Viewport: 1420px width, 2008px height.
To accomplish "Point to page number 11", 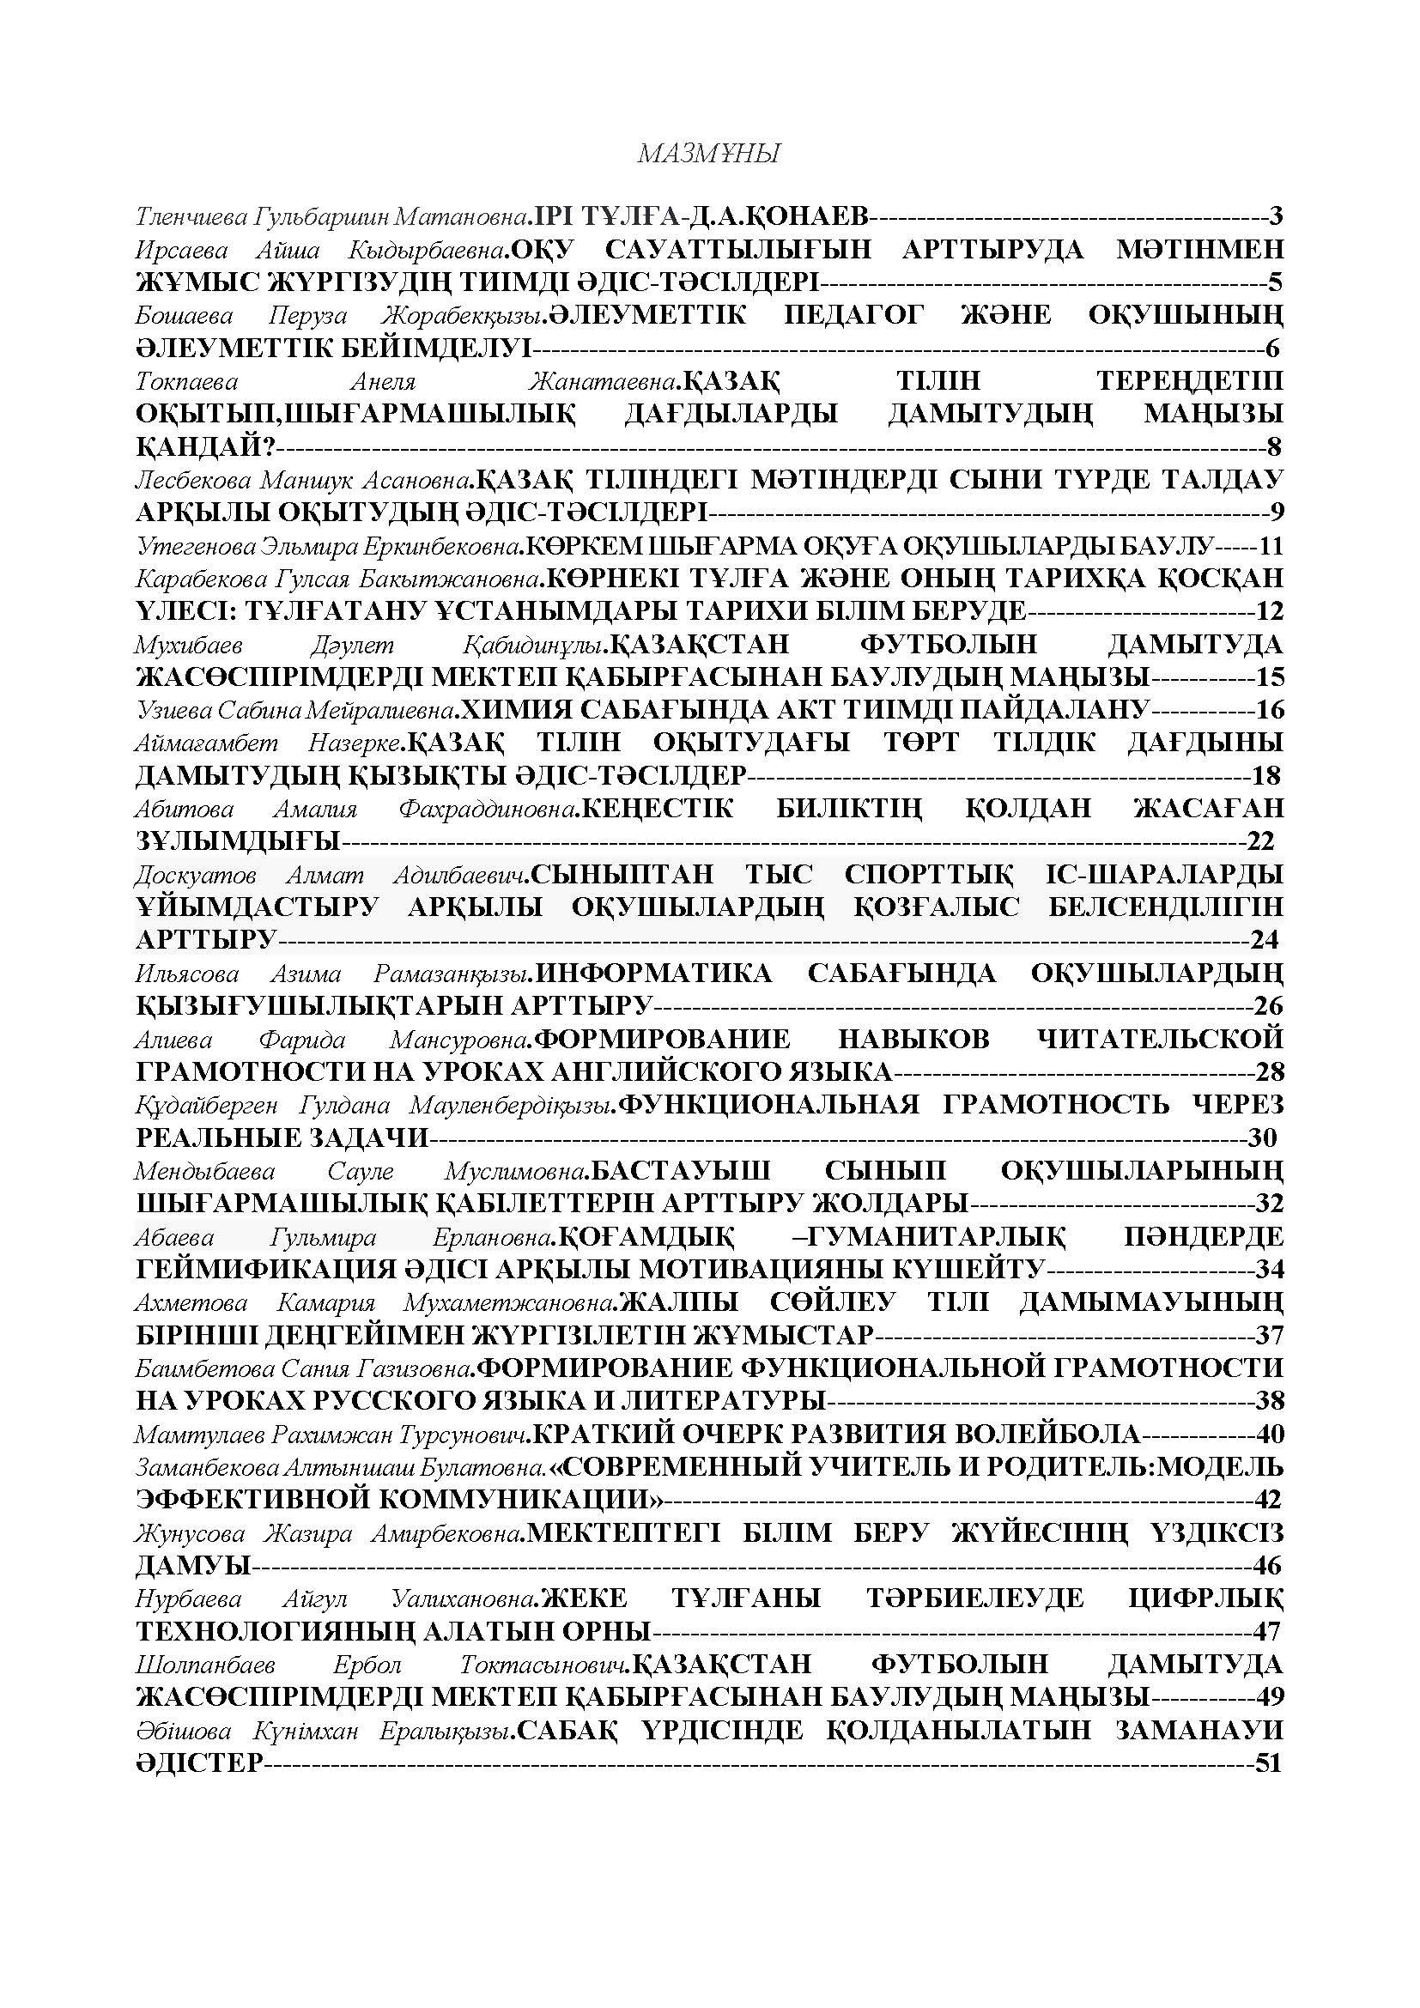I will tap(1270, 546).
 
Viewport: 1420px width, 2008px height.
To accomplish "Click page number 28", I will tap(1269, 1071).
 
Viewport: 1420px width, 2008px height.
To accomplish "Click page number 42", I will tap(1268, 1500).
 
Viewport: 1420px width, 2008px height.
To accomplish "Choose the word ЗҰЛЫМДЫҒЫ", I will tap(238, 841).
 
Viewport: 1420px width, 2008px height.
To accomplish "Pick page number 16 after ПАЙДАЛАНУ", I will tap(1270, 709).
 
